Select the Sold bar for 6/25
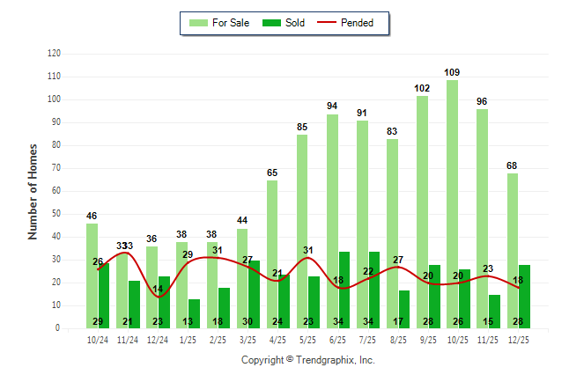344,290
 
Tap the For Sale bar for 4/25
272,254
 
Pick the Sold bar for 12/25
524,297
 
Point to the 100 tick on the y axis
55,99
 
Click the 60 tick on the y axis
57,191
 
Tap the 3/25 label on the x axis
248,339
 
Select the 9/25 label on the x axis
427,339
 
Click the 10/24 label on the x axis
97,339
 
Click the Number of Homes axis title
33,191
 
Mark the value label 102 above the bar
422,88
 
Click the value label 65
272,173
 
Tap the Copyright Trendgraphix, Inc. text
308,360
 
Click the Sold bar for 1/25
194,313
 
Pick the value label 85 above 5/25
302,127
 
